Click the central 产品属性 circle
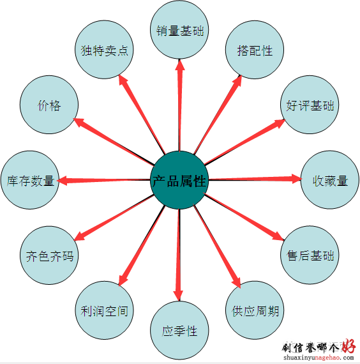179,180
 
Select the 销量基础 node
179,30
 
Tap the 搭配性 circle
255,50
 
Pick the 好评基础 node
310,105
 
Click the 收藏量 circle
330,180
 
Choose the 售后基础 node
310,255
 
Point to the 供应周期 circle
255,310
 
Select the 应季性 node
179,330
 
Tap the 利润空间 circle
104,310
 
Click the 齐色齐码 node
49,255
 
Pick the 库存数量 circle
30,180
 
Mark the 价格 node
49,105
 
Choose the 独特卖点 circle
104,50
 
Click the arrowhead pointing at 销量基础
179,64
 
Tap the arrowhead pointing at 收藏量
296,179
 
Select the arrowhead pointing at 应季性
178,295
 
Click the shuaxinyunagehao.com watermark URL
319,358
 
